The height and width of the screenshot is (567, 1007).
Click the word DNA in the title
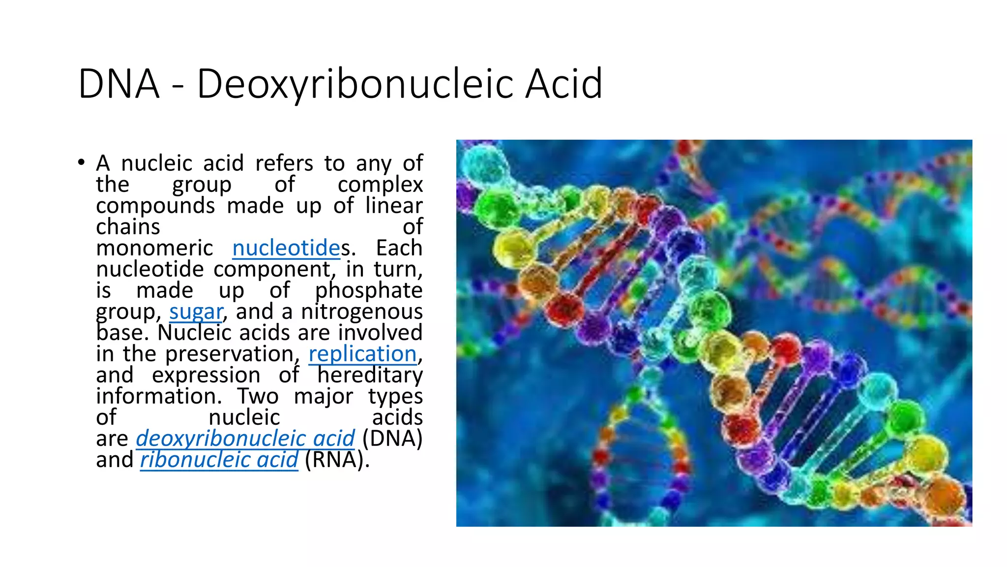tap(119, 84)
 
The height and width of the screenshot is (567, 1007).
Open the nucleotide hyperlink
tap(286, 248)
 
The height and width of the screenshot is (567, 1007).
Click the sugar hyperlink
tap(196, 312)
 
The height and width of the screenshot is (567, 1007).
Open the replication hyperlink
tap(363, 354)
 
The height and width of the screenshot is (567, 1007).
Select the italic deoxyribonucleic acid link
tap(245, 439)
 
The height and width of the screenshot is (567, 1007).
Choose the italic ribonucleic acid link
tap(219, 460)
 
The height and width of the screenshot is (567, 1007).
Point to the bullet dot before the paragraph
tap(81, 162)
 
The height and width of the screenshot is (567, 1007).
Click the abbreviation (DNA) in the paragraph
tap(392, 439)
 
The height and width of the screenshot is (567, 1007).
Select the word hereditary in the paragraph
tap(370, 375)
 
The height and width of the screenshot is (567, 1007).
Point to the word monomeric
tap(154, 248)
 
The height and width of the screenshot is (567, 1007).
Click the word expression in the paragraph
tap(206, 375)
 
